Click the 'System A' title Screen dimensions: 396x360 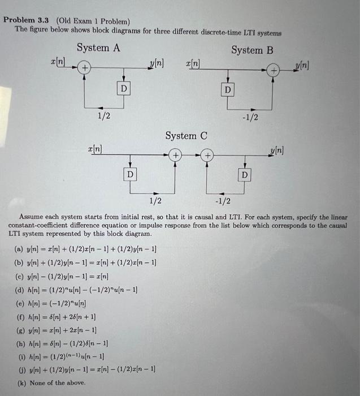click(98, 48)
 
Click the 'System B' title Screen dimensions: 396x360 click(252, 50)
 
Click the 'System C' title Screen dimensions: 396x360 click(186, 136)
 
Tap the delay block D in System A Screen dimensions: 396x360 click(123, 88)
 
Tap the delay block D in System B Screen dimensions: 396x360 click(228, 90)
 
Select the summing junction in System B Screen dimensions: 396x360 click(274, 71)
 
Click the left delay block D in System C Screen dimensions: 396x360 click(130, 174)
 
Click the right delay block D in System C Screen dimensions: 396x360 click(245, 175)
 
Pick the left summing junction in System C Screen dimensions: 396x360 click(176, 154)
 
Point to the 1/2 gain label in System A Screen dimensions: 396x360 click(103, 116)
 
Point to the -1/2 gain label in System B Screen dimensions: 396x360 click(249, 117)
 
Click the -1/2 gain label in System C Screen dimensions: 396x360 click(223, 201)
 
